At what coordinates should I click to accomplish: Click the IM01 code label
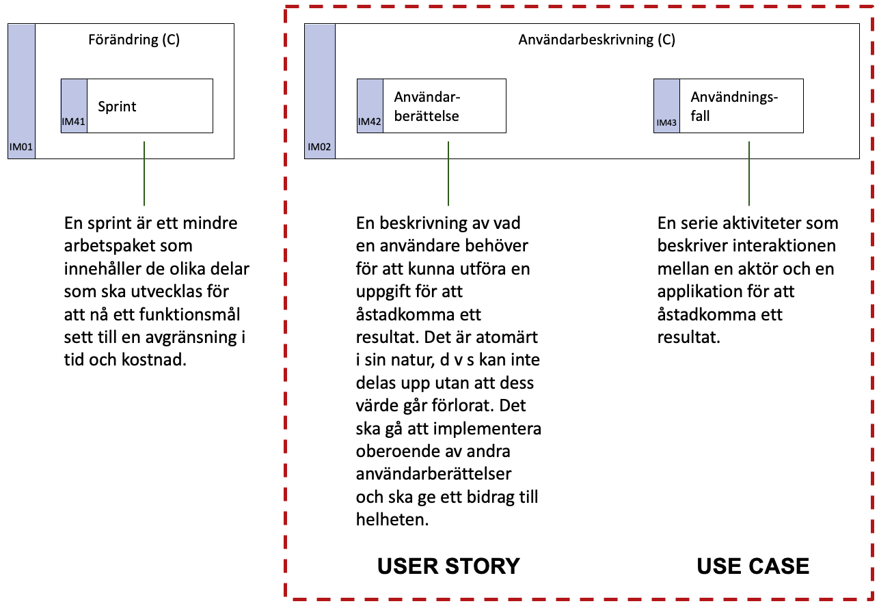(x=21, y=147)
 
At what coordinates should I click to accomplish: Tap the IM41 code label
(x=73, y=122)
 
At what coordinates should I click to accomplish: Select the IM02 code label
(x=319, y=147)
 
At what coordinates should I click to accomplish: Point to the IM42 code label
(x=369, y=122)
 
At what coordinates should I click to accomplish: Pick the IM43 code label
(x=666, y=123)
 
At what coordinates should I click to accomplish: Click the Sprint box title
(x=117, y=107)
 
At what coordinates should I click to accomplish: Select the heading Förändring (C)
(x=134, y=40)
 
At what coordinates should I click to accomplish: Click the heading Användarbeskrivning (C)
(x=597, y=40)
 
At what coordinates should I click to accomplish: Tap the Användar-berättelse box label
(x=427, y=107)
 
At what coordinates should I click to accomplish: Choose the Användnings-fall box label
(x=734, y=107)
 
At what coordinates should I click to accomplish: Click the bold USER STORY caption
(x=448, y=566)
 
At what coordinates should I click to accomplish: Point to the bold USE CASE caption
(x=753, y=566)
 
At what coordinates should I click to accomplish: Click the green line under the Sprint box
(x=144, y=174)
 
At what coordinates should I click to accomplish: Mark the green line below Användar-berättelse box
(x=448, y=174)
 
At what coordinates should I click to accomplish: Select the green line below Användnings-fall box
(x=748, y=174)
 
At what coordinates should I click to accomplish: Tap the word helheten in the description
(x=392, y=520)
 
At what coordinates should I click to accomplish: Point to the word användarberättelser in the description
(x=433, y=474)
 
